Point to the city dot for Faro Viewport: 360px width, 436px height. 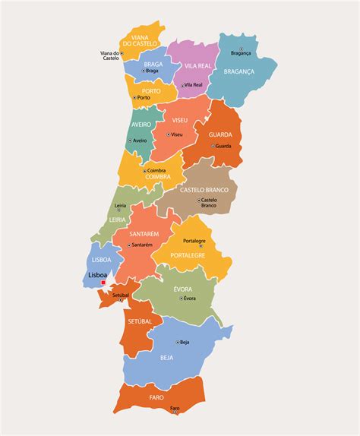pyautogui.click(x=175, y=414)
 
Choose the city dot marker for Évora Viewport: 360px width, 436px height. pyautogui.click(x=182, y=299)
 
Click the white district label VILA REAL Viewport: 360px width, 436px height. pyautogui.click(x=197, y=66)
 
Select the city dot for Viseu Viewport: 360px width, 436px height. pyautogui.click(x=168, y=134)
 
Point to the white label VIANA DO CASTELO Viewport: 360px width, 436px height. pyautogui.click(x=142, y=41)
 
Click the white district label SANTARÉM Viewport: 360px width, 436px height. pyautogui.click(x=144, y=234)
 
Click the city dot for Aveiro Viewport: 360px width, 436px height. pyautogui.click(x=129, y=141)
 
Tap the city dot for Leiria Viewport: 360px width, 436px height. pyautogui.click(x=119, y=211)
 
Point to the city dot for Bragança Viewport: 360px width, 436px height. pyautogui.click(x=242, y=48)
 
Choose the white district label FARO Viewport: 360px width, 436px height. pyautogui.click(x=156, y=397)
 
